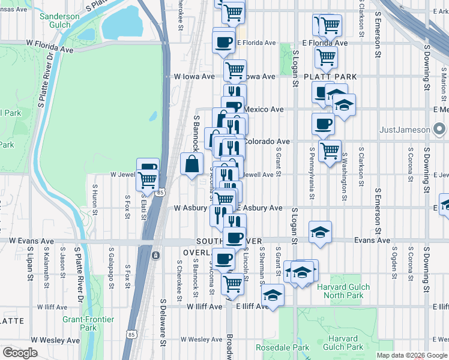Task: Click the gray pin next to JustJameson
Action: tap(440, 129)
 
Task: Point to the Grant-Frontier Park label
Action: tap(88, 323)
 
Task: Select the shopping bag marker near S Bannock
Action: tap(191, 164)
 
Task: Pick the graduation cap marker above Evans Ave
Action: tap(321, 232)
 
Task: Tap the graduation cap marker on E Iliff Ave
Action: tap(273, 295)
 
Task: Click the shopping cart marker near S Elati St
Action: tap(146, 179)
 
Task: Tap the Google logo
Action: tap(20, 353)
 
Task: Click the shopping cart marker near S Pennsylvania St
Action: tap(329, 151)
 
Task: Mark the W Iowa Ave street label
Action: tap(194, 77)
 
